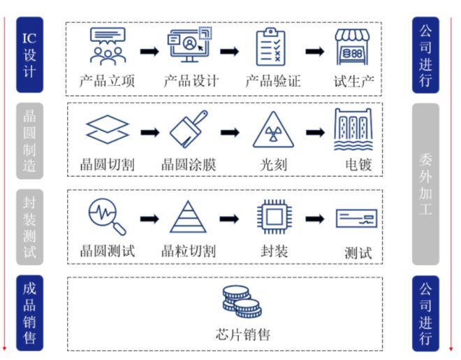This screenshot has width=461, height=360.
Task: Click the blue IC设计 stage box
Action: pyautogui.click(x=29, y=55)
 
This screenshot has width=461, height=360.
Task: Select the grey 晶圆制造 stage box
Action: pyautogui.click(x=29, y=141)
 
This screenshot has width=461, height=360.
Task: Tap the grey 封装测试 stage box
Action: pyautogui.click(x=29, y=227)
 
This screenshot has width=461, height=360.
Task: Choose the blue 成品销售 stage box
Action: pyautogui.click(x=29, y=313)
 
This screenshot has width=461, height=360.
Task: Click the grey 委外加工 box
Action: pyautogui.click(x=425, y=184)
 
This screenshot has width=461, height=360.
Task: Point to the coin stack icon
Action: pyautogui.click(x=242, y=302)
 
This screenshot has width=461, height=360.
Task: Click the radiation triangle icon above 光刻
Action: pyautogui.click(x=273, y=129)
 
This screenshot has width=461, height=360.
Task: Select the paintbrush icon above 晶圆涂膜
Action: pyautogui.click(x=189, y=129)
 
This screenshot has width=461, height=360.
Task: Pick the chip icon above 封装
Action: pyautogui.click(x=275, y=217)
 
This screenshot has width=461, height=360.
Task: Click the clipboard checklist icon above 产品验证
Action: pyautogui.click(x=271, y=47)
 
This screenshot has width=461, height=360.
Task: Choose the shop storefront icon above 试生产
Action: pyautogui.click(x=352, y=47)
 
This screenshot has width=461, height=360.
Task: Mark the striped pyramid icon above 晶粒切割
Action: pyautogui.click(x=188, y=217)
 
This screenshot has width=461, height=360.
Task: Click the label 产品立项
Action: pyautogui.click(x=108, y=81)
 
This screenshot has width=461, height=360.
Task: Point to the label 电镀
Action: pyautogui.click(x=359, y=165)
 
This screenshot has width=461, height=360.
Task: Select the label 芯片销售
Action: pyautogui.click(x=243, y=334)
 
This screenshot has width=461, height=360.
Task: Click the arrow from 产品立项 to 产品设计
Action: pyautogui.click(x=149, y=52)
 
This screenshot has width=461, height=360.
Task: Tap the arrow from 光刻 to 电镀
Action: pyautogui.click(x=315, y=132)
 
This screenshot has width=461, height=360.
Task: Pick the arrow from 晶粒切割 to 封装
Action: pyautogui.click(x=229, y=219)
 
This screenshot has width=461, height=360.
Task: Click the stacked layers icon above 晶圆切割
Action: pyautogui.click(x=108, y=129)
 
